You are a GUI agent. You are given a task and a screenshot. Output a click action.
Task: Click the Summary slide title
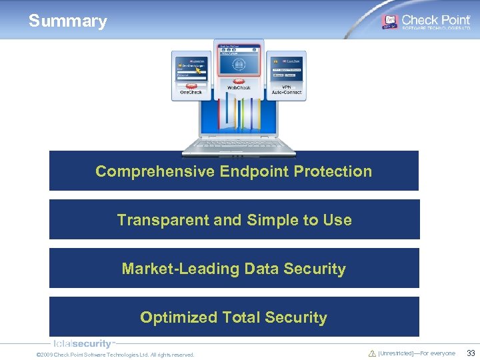(x=67, y=21)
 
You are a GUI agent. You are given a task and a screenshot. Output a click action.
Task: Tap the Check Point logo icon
(x=389, y=21)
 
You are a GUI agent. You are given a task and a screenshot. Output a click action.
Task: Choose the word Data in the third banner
(x=261, y=269)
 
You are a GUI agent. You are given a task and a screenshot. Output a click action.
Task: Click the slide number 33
(x=471, y=353)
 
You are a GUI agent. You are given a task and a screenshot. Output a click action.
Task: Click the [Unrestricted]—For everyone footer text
(x=417, y=353)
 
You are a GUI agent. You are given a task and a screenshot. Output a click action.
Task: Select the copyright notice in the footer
(x=115, y=355)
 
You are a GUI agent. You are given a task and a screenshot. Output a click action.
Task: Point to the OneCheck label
(x=191, y=92)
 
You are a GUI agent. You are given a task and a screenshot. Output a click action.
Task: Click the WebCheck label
(x=239, y=88)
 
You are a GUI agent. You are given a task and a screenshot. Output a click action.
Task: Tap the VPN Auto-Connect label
(x=287, y=90)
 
